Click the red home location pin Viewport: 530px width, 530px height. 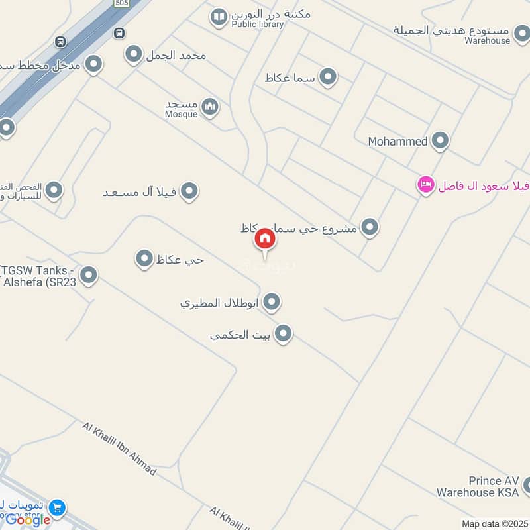tap(265, 239)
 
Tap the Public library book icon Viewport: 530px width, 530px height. tap(219, 17)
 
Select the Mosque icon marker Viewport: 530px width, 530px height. tap(210, 107)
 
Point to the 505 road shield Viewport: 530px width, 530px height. tap(121, 3)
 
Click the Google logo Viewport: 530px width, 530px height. tap(28, 520)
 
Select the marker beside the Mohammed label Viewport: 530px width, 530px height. tap(440, 140)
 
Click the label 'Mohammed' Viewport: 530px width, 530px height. tap(398, 141)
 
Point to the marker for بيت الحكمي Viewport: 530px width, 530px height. tap(284, 333)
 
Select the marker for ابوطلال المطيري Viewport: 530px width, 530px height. tap(271, 303)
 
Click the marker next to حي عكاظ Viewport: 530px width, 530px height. tap(144, 259)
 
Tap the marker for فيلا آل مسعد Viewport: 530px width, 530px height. tap(189, 191)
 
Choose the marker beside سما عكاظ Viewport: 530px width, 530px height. tap(328, 78)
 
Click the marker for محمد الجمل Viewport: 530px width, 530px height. tap(134, 54)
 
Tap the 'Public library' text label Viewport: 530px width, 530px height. tap(257, 25)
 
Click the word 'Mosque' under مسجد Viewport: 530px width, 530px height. tap(181, 114)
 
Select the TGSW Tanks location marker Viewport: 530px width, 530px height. tap(88, 274)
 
